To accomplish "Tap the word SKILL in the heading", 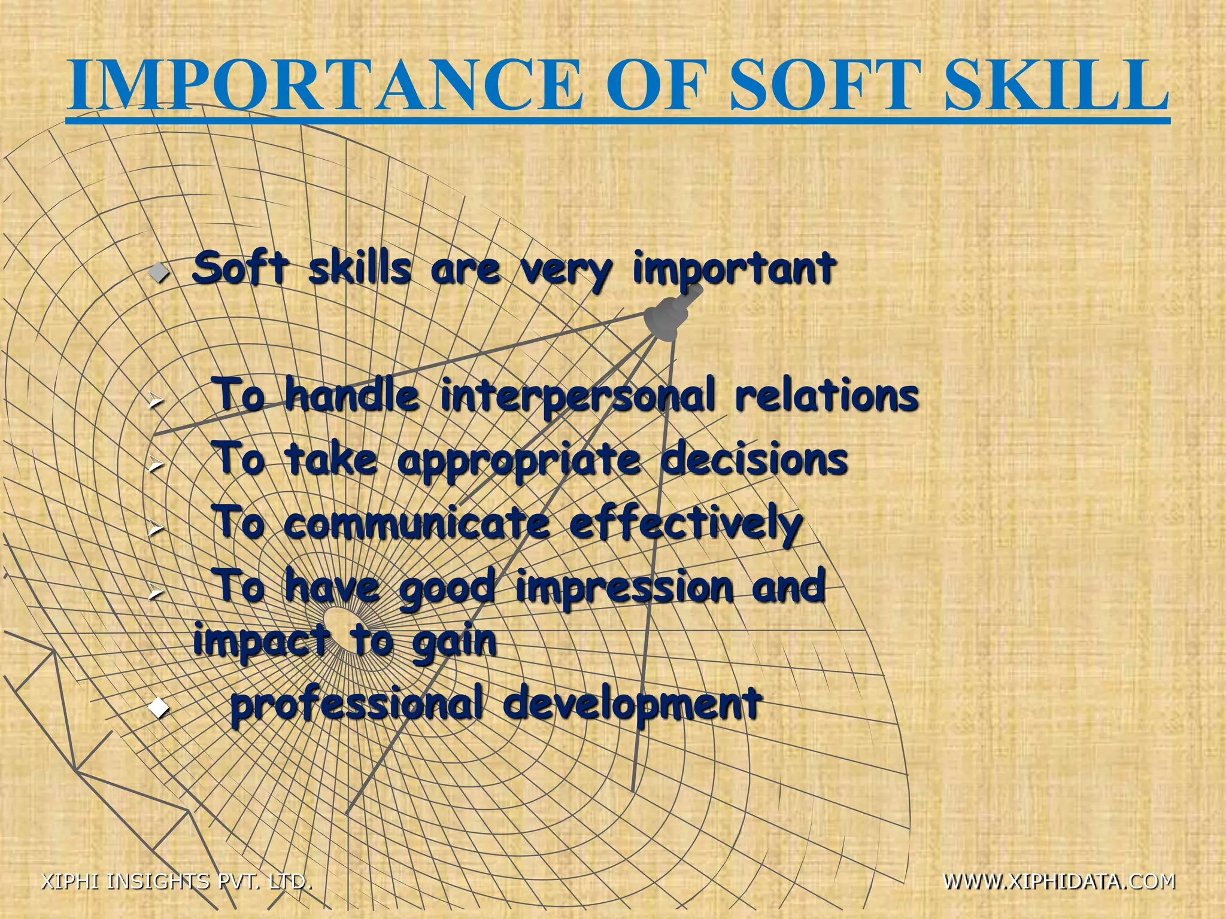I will (1057, 86).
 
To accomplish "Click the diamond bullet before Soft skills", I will (159, 275).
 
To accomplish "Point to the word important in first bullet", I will (734, 269).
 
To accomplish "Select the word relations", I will (827, 396).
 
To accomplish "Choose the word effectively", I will (686, 524).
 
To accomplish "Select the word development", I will (632, 705).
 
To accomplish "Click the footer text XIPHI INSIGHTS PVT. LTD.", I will (177, 881).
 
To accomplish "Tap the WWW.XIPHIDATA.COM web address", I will (1059, 881).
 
